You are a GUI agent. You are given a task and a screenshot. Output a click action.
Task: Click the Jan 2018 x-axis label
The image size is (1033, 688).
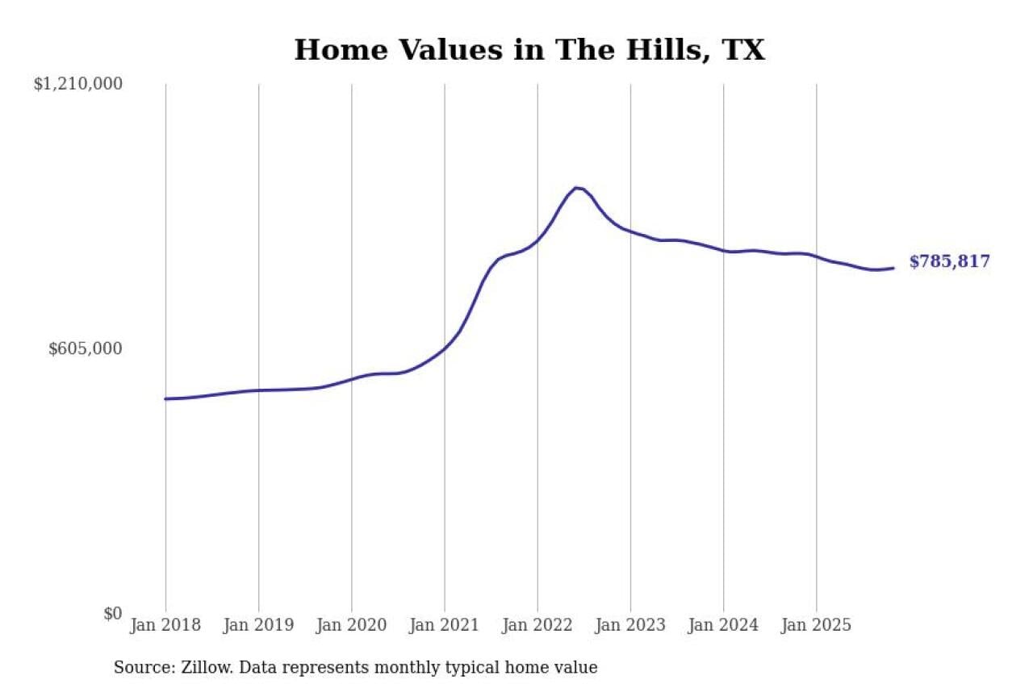[x=165, y=625]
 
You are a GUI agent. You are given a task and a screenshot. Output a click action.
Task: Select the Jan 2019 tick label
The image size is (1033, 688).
[x=258, y=625]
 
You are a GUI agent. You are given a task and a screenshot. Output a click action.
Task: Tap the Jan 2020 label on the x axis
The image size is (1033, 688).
[x=351, y=625]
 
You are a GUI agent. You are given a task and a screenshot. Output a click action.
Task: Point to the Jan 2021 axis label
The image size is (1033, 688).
[x=444, y=625]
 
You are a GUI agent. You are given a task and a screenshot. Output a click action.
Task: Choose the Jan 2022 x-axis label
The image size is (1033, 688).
[x=537, y=625]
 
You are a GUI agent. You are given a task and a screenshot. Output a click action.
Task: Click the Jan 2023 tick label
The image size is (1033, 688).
[x=630, y=625]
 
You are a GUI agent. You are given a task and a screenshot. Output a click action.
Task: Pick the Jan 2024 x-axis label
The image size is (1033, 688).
[x=723, y=625]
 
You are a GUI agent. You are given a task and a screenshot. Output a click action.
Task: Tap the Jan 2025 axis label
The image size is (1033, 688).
[x=816, y=625]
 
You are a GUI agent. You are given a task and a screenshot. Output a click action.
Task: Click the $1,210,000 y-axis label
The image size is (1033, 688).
[x=77, y=84]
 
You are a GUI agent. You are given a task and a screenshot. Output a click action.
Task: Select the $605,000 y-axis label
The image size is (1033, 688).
[x=86, y=348]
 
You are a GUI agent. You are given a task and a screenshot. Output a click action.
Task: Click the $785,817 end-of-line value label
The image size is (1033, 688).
[x=949, y=262]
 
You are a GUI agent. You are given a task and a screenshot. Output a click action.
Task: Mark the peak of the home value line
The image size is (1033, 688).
[x=576, y=188]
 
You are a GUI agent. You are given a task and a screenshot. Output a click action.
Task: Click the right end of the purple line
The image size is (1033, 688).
[x=893, y=268]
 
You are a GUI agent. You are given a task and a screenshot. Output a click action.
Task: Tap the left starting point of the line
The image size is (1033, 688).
[x=165, y=398]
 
